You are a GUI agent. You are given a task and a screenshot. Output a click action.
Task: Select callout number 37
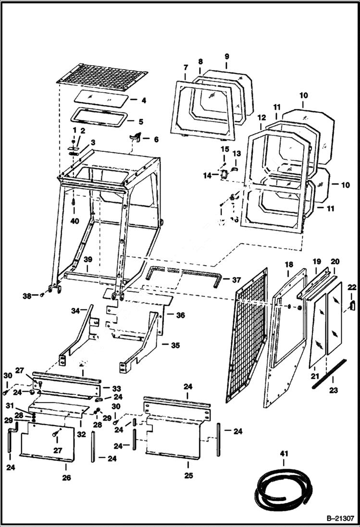236,280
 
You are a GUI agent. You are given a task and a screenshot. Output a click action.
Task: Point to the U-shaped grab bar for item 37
185,274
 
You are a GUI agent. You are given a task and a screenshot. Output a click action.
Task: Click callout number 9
226,56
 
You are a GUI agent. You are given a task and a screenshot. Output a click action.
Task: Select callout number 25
188,476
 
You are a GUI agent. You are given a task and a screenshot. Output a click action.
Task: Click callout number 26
66,478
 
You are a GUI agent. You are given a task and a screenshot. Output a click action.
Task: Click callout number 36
180,315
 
